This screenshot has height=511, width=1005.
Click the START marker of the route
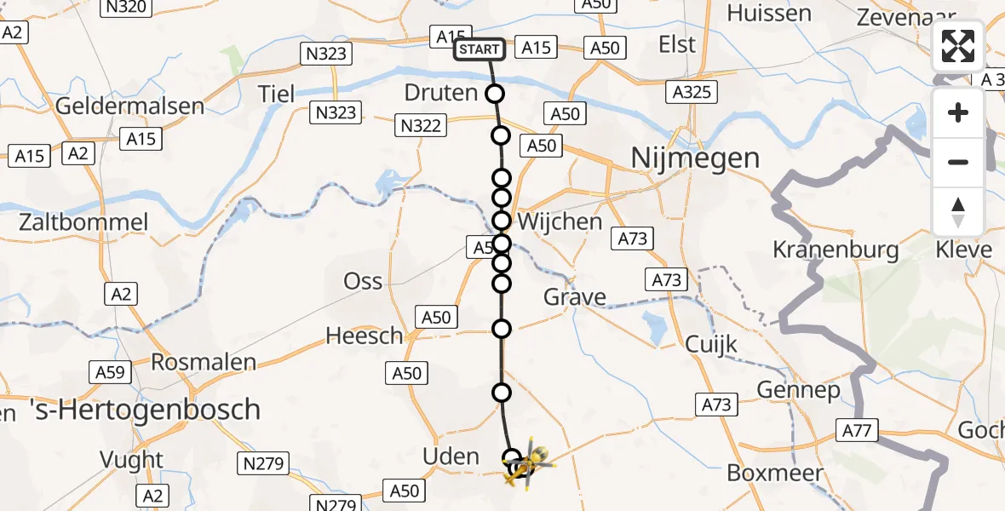tap(480, 49)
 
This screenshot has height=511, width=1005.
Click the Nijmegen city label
tap(694, 158)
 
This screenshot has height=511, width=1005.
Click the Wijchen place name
tap(560, 221)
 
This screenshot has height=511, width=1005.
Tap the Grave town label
tap(575, 297)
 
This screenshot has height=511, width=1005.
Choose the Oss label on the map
tap(363, 281)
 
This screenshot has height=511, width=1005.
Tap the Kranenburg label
tap(836, 250)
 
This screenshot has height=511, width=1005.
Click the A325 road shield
tap(691, 93)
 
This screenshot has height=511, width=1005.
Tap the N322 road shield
tap(420, 126)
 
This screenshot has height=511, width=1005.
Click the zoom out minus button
tap(958, 162)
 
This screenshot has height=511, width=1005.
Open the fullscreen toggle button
tap(958, 46)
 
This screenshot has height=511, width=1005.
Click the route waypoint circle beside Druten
tap(495, 94)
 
